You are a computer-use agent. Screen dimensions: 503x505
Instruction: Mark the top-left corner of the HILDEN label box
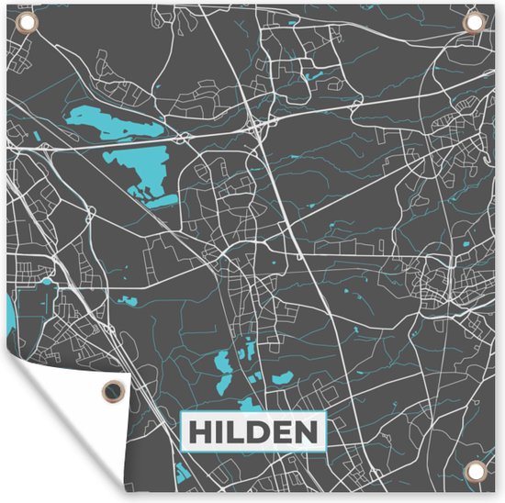click(x=182, y=414)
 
